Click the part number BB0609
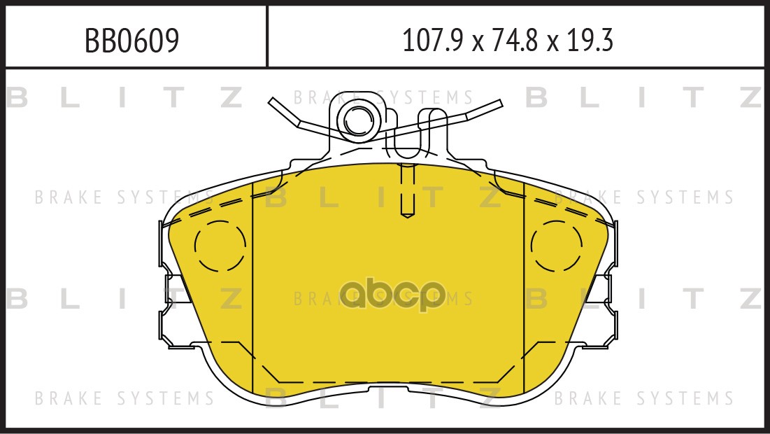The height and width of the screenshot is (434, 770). (131, 41)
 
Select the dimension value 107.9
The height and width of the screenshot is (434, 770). (433, 41)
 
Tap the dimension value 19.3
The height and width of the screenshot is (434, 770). (590, 41)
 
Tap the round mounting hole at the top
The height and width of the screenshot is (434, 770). (358, 120)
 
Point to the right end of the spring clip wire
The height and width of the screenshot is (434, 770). (500, 104)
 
